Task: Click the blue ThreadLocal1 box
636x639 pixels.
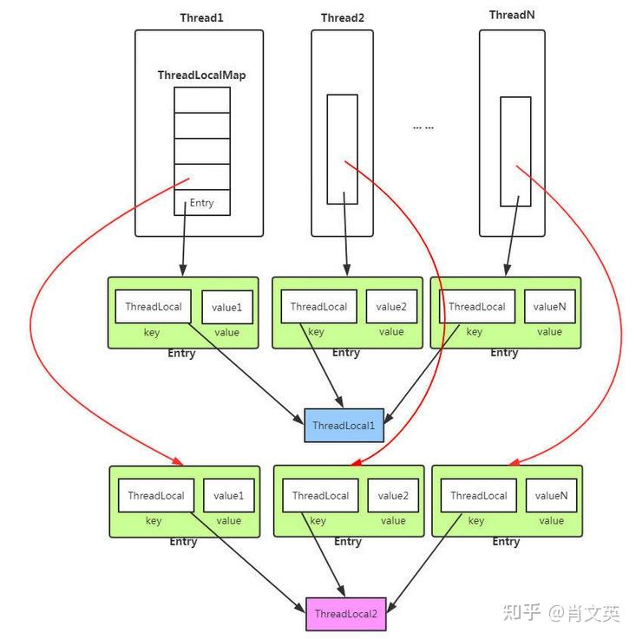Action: coord(344,425)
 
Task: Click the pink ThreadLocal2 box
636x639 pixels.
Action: coord(345,614)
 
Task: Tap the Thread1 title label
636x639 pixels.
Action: coord(201,17)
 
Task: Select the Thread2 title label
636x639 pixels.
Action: coord(342,17)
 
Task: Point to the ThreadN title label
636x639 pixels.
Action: coord(512,15)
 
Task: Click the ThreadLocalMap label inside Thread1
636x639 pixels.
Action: coord(201,75)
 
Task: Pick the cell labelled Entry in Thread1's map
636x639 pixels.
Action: coord(201,203)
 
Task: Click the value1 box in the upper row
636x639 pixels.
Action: coord(227,307)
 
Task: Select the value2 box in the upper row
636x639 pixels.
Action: coord(390,306)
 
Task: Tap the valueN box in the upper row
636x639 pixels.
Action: coord(549,306)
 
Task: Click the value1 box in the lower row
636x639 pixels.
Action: coord(229,496)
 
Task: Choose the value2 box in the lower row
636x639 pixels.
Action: coord(392,496)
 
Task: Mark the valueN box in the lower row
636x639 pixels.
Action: coord(551,496)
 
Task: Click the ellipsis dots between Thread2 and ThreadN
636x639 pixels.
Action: coord(423,127)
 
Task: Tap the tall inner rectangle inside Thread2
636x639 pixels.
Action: coord(342,149)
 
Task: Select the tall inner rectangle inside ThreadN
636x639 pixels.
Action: coord(515,151)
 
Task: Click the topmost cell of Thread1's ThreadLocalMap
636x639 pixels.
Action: coord(201,100)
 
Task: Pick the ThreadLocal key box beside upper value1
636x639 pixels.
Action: coord(154,306)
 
